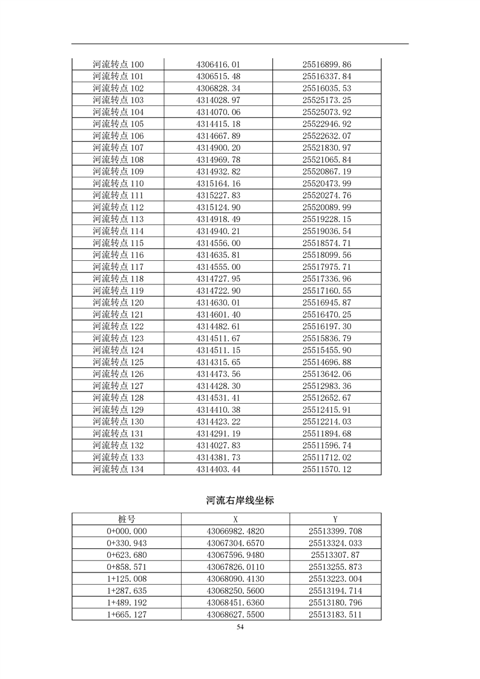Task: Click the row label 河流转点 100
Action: click(x=118, y=65)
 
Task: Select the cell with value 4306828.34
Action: click(x=218, y=88)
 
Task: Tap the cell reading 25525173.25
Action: click(x=327, y=100)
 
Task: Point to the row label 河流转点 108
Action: click(x=118, y=160)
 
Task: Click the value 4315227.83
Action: click(x=218, y=195)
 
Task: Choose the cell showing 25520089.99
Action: click(x=327, y=208)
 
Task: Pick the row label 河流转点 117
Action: click(x=118, y=267)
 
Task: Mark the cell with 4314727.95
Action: click(x=218, y=279)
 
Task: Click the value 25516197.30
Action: click(x=327, y=326)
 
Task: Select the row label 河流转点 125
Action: click(x=118, y=362)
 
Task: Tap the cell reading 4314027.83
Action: click(x=218, y=445)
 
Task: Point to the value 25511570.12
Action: click(x=327, y=469)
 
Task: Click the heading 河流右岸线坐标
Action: click(x=240, y=500)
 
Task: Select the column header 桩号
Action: click(x=127, y=519)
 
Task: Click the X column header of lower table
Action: click(x=235, y=519)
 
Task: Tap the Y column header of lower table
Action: click(x=335, y=519)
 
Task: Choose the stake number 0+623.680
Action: click(x=127, y=555)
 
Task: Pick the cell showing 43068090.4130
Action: click(x=235, y=579)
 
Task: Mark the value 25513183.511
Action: click(x=335, y=614)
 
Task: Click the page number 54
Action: click(x=240, y=628)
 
